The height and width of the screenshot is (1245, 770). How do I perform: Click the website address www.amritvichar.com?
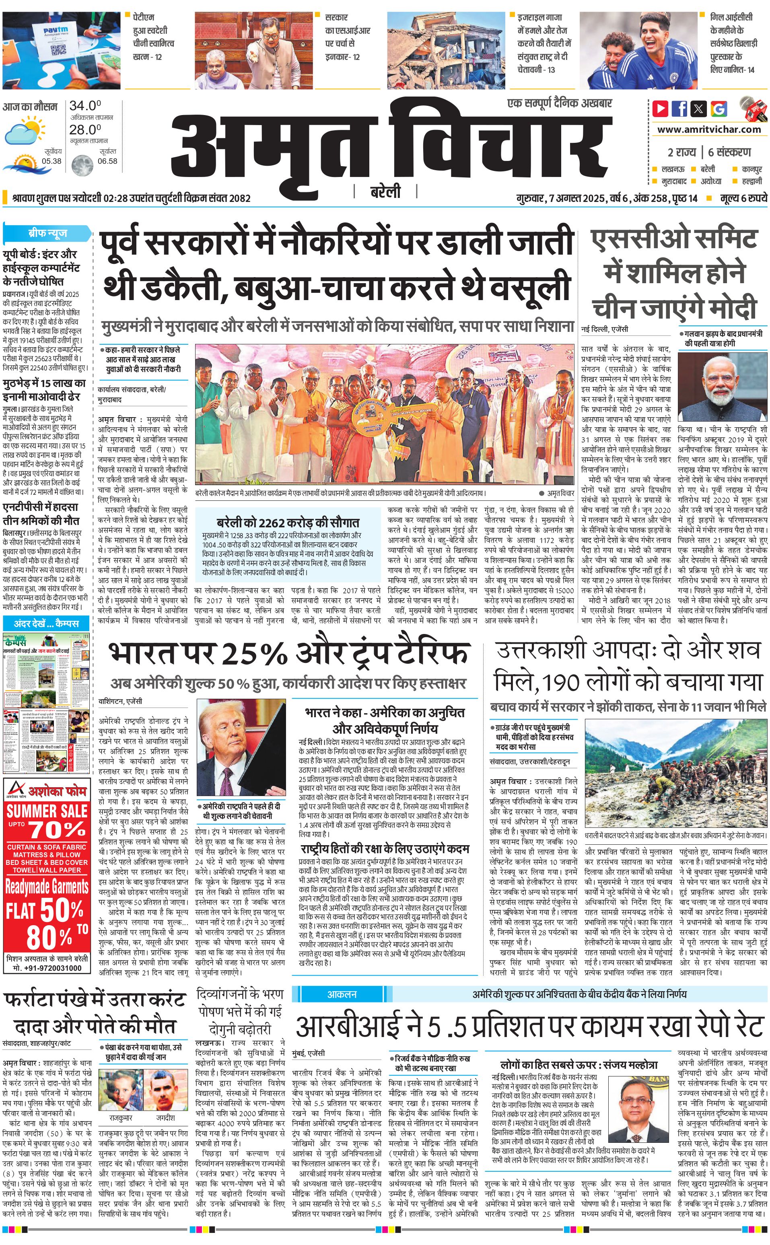[709, 130]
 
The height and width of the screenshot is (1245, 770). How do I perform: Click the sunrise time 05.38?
[51, 161]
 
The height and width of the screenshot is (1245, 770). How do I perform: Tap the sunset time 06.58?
[107, 161]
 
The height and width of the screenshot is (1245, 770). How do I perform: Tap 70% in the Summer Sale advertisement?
[57, 830]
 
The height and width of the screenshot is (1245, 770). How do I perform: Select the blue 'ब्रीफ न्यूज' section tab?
[47, 233]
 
